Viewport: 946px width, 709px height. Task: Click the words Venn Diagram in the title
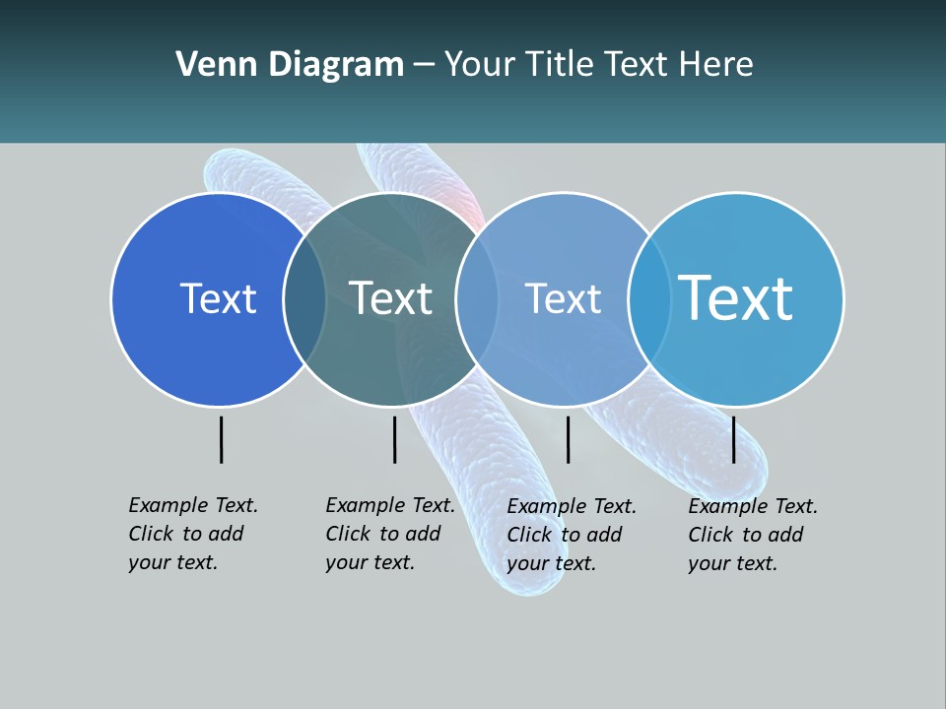tap(290, 65)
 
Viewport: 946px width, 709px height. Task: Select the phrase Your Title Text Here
tap(598, 65)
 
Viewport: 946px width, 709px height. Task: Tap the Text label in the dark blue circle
tap(218, 298)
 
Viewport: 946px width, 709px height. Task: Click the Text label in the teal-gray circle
tap(391, 298)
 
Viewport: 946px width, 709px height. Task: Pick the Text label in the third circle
tap(563, 298)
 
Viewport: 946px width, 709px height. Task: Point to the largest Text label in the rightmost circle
tap(736, 297)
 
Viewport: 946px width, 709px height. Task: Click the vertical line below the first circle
tap(222, 439)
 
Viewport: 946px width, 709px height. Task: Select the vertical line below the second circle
tap(394, 439)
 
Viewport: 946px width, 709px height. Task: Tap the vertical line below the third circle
tap(569, 439)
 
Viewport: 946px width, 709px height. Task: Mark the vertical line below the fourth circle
tap(734, 439)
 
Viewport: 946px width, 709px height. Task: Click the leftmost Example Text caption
tap(193, 534)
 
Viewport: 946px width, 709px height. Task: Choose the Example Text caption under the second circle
tap(390, 534)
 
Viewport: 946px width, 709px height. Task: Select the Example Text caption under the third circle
tap(572, 535)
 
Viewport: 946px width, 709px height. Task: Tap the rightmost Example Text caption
tap(753, 535)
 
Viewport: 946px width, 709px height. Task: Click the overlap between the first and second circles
tap(305, 299)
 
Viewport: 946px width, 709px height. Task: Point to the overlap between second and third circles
tap(478, 299)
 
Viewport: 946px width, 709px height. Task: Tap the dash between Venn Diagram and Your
tap(424, 66)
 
